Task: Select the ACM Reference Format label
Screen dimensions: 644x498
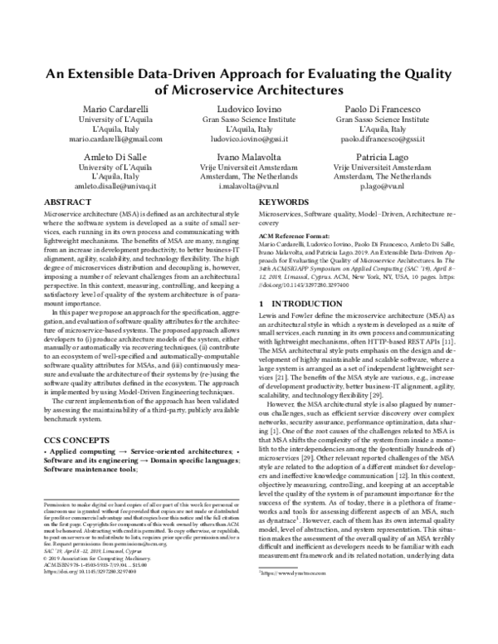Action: [x=297, y=236]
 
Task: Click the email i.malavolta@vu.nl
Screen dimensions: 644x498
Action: [x=249, y=188]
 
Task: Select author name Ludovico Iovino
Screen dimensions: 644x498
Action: [x=249, y=110]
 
